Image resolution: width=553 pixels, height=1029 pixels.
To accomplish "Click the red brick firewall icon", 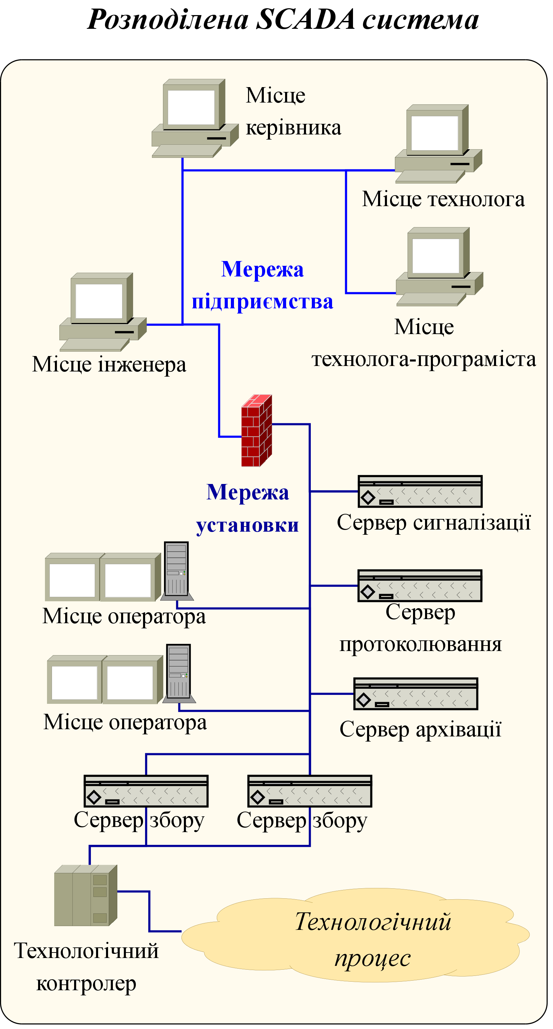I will point(257,430).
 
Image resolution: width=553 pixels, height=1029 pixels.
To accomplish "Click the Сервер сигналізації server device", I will point(420,491).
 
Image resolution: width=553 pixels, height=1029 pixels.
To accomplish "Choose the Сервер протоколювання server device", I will point(420,586).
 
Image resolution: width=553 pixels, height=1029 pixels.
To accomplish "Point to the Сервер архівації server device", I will point(415,694).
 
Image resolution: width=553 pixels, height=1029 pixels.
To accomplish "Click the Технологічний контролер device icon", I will point(85,895).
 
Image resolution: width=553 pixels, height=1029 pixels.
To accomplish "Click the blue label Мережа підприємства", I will point(262,285).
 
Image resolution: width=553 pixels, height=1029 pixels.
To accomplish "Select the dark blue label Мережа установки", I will point(248,508).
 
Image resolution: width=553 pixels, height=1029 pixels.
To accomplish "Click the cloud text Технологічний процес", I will point(373,939).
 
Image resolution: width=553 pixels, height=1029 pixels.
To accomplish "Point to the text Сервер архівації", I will point(420,730).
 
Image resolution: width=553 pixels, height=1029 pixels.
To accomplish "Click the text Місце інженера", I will point(109,364).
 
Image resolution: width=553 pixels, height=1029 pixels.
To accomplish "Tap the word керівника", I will point(293,128).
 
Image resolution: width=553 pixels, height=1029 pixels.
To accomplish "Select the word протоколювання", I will point(420,644).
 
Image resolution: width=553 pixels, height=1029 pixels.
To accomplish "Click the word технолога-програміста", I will point(424,359).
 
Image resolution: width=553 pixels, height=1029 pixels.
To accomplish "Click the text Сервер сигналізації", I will point(434,522).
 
